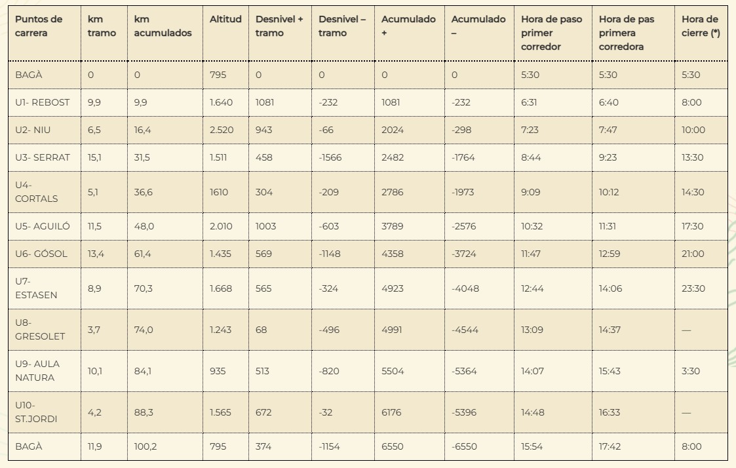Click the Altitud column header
coord(225,20)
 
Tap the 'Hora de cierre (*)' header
coord(700,26)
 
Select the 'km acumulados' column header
coord(163,26)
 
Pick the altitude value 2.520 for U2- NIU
coord(222,130)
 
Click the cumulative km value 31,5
coord(143,157)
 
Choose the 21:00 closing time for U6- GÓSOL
coord(693,254)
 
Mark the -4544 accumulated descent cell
coord(465,330)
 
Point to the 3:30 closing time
coord(690,371)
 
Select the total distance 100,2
coord(145,446)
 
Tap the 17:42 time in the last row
coord(610,446)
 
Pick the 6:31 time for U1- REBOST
coord(530,102)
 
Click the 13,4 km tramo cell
coord(96,254)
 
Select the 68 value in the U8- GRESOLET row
coord(261,330)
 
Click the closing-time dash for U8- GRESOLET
coord(686,330)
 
